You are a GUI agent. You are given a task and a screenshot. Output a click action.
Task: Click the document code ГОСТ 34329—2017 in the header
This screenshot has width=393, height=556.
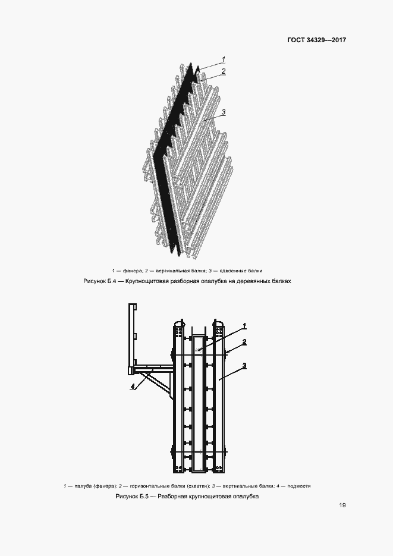tap(316, 40)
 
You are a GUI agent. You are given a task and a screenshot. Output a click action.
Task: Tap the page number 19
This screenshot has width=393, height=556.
tap(342, 505)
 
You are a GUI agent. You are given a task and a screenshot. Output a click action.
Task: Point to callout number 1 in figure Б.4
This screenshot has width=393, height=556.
tap(224, 59)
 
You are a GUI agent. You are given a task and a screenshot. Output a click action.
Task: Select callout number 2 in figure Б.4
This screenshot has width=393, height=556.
tap(224, 71)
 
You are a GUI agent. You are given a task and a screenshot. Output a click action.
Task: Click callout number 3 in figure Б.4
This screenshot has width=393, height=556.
tap(224, 112)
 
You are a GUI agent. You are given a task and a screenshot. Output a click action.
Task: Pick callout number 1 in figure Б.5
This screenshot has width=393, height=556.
tap(244, 326)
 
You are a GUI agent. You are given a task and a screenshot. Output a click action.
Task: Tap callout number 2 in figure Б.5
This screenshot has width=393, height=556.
tap(244, 342)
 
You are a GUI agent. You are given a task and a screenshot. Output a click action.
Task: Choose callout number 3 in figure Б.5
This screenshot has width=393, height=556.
tap(244, 365)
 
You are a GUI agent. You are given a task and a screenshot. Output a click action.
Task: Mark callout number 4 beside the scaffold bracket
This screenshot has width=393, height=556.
tap(133, 387)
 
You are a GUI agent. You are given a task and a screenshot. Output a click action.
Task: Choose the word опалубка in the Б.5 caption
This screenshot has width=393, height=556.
tap(246, 497)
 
